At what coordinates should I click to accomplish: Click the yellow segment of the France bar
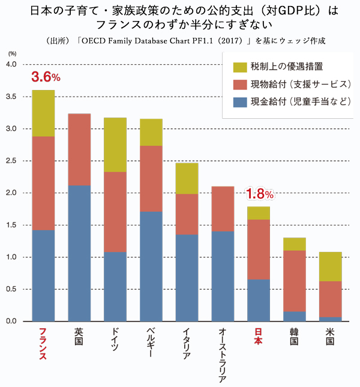[43, 113]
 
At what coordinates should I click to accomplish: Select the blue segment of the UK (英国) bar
[79, 253]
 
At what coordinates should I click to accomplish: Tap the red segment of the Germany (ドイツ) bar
[115, 212]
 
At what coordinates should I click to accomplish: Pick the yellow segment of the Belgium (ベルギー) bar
[151, 133]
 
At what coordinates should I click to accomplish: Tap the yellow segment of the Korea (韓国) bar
[294, 244]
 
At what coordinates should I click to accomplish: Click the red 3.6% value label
[46, 77]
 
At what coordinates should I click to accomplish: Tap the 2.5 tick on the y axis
[11, 161]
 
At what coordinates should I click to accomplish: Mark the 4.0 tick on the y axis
[11, 64]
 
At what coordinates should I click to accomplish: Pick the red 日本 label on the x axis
[259, 337]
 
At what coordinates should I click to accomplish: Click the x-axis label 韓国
[294, 337]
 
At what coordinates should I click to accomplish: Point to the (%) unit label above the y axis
[11, 54]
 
